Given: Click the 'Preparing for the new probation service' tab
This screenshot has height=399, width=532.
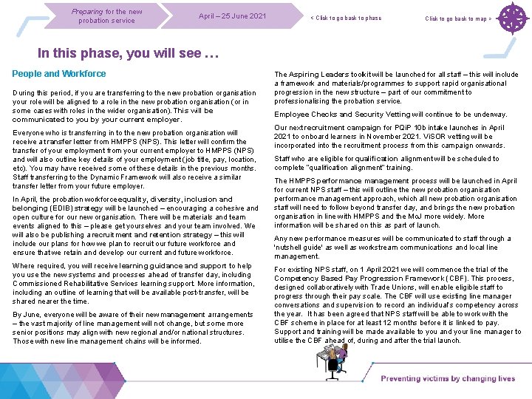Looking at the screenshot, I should point(107,16).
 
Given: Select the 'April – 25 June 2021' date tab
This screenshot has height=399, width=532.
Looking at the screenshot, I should point(232,16).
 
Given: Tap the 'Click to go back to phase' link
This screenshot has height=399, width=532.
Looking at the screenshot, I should point(346,18).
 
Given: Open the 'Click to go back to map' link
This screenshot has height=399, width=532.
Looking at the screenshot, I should point(458,18).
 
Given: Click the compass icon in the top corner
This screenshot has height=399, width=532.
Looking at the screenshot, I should point(511,18).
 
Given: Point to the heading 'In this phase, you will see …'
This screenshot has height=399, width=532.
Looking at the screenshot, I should point(129,53).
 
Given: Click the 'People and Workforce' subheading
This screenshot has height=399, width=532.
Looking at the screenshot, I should point(59,74).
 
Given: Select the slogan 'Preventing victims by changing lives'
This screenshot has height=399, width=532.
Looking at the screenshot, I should point(448,379).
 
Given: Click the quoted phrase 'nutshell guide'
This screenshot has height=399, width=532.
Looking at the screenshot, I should point(300,248).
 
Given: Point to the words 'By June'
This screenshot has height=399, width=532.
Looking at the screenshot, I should point(29,315).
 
